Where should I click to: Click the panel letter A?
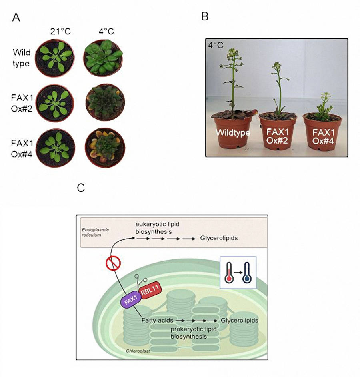16,17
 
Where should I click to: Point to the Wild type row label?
22,58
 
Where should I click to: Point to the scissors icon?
139,281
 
